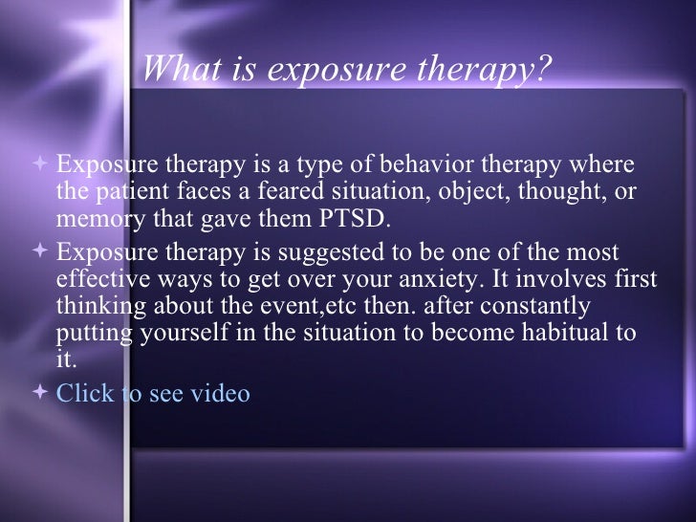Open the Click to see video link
153,393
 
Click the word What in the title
175,70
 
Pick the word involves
575,280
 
